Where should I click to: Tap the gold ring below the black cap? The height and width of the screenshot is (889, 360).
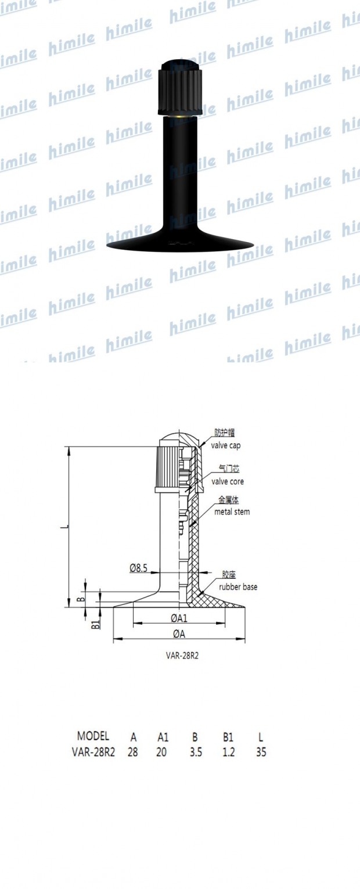coord(179,117)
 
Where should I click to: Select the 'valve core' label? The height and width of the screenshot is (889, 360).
coord(227,481)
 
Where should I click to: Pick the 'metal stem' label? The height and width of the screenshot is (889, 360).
coord(232,512)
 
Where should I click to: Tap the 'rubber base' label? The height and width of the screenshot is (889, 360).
coord(237,587)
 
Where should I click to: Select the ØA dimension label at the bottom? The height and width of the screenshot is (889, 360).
coord(179,633)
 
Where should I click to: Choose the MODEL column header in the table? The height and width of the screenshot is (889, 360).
coord(93,736)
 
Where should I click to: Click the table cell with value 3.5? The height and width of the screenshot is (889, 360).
coord(195,753)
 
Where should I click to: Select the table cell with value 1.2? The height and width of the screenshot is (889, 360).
coord(228,753)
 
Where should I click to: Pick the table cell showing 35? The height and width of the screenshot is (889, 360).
coord(261,753)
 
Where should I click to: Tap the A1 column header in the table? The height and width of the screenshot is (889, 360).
coord(163,737)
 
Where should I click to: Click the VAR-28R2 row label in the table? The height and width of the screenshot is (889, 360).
coord(93,753)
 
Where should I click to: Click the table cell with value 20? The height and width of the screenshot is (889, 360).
coord(163,753)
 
